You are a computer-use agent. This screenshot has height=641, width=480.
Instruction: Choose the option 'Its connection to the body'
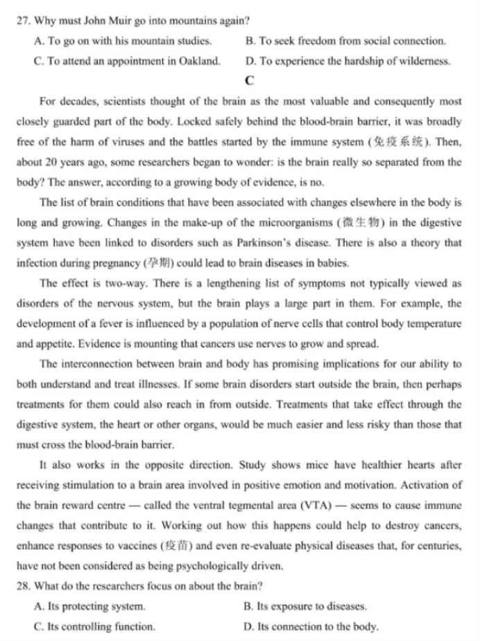[317, 626]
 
